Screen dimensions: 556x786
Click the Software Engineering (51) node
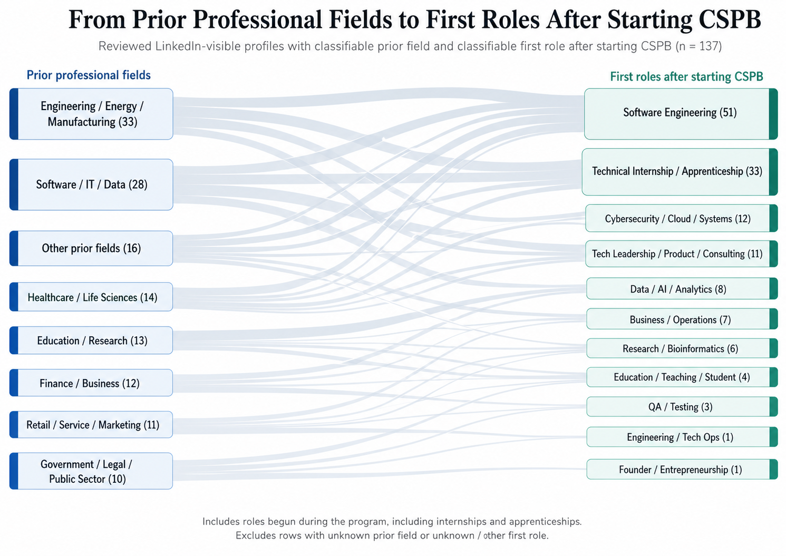(680, 113)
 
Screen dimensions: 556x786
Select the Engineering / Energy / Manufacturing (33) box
(92, 114)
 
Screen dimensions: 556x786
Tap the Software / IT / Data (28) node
(92, 184)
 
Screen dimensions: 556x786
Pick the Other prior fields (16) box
(92, 248)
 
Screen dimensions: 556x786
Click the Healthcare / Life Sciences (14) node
(92, 297)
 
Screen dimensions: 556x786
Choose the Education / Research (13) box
(92, 340)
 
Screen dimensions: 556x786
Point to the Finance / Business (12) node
(92, 383)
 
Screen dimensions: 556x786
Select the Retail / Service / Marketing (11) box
(92, 425)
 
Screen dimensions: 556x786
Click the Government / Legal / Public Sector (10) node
(92, 471)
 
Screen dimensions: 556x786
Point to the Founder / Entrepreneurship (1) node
(680, 470)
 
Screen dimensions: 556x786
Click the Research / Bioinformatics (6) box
(680, 349)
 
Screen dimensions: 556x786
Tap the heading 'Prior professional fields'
(89, 75)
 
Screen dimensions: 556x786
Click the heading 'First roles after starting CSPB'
(686, 77)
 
